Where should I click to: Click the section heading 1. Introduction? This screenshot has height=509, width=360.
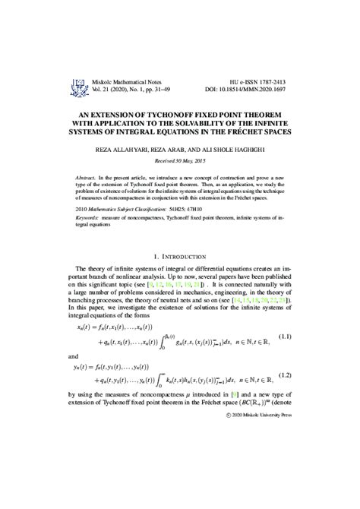pos(180,258)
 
